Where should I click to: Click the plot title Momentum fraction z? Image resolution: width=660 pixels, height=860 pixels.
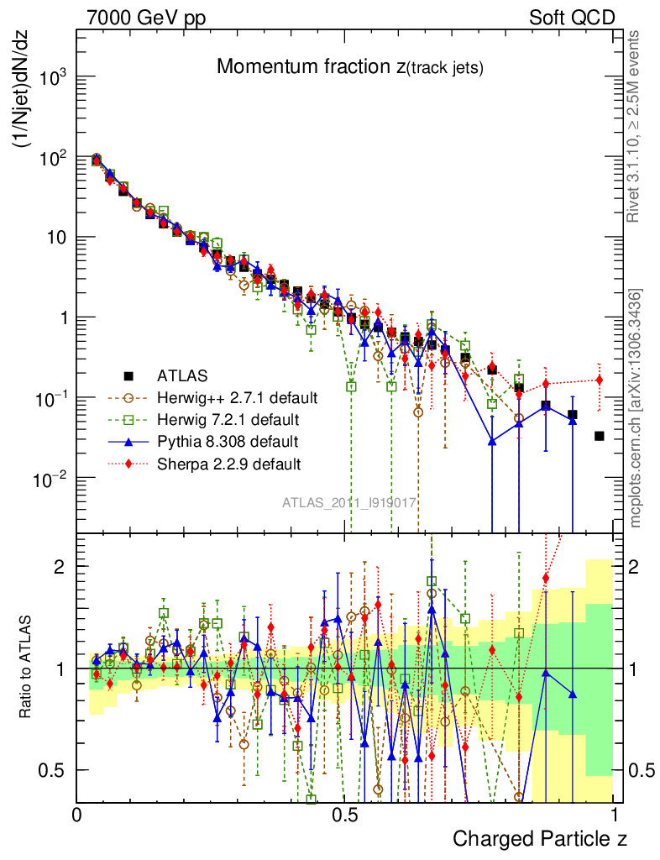349,68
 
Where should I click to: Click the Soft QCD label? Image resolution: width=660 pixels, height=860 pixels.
572,17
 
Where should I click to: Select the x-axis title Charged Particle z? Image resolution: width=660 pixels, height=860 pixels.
540,838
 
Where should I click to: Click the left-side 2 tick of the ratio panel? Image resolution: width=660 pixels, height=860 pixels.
61,566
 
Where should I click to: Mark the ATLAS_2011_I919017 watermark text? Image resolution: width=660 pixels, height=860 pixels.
349,502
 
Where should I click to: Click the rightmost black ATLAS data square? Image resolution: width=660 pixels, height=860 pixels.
600,436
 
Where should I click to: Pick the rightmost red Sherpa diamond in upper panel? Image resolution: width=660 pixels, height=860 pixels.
600,380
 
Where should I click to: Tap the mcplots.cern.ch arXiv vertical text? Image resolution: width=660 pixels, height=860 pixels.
636,407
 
